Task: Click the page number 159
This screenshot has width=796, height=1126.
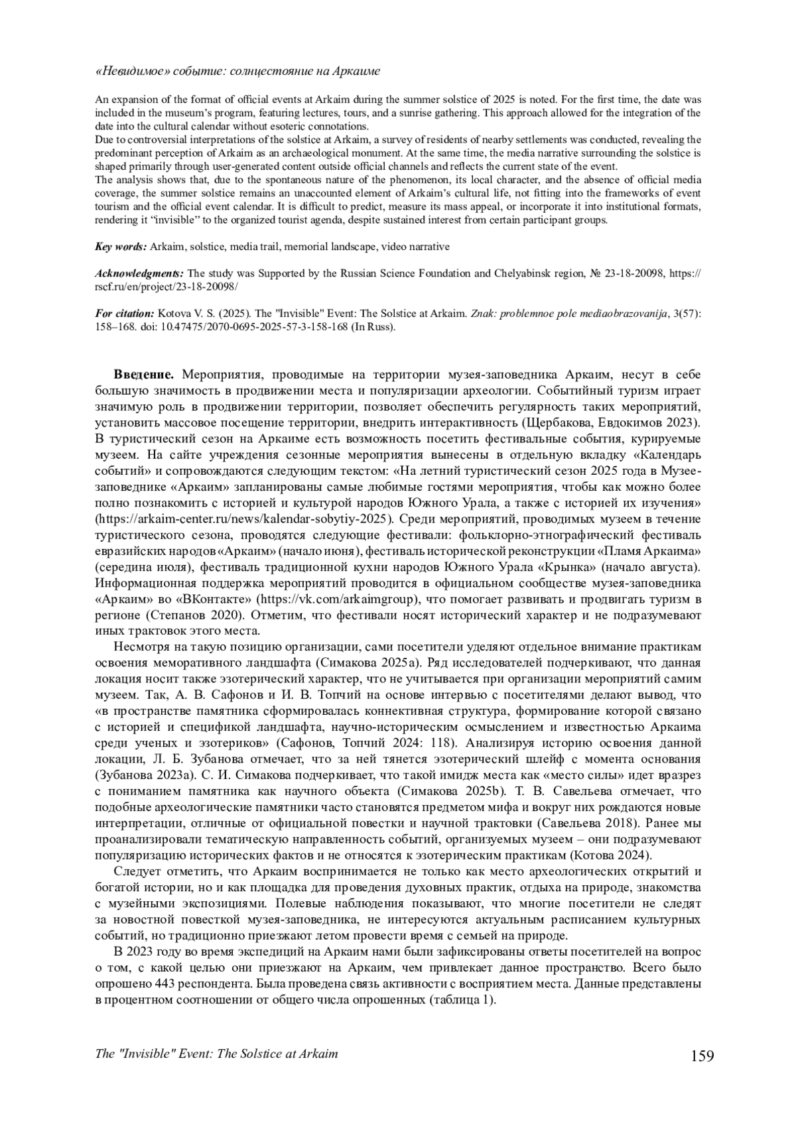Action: pos(701,1055)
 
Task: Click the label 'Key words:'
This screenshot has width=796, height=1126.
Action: pos(121,247)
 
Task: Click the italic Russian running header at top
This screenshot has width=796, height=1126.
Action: pos(238,71)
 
